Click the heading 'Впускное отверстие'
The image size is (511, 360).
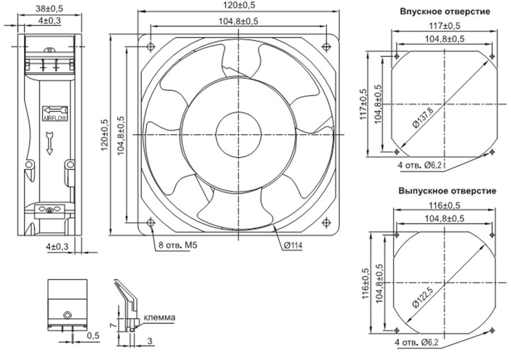[x=445, y=11]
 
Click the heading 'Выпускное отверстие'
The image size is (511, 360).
[x=448, y=191]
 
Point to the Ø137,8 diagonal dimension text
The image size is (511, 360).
[x=422, y=117]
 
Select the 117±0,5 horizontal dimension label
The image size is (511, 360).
[x=445, y=26]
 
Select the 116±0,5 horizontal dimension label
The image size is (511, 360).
[x=445, y=207]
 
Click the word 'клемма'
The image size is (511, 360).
[x=160, y=317]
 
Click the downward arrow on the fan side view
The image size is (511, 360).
[x=49, y=143]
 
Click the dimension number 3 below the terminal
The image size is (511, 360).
[x=150, y=341]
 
